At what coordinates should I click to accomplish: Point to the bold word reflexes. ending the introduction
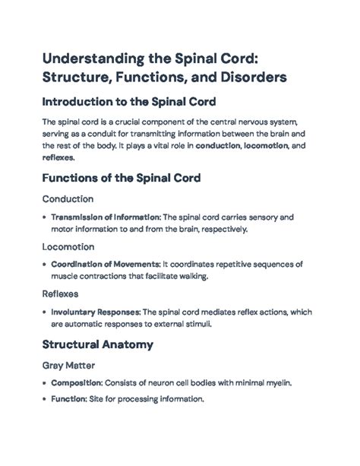pos(58,157)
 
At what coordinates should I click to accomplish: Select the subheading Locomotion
pos(69,247)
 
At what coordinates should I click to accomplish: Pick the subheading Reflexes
pos(62,294)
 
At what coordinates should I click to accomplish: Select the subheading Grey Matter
pos(71,364)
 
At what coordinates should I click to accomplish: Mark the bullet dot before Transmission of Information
pos(43,217)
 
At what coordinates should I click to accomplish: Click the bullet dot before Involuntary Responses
pos(43,312)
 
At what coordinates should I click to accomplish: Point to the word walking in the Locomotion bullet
pos(188,276)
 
